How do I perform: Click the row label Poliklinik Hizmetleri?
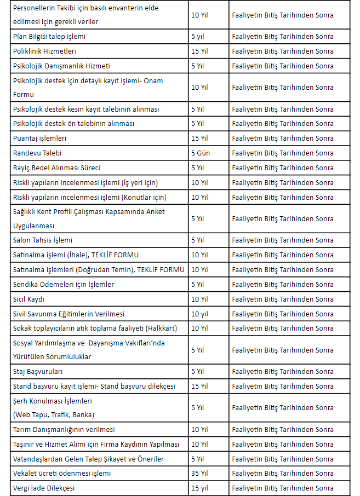click(45, 51)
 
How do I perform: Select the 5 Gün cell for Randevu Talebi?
click(201, 153)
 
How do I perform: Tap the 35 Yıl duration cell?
click(199, 474)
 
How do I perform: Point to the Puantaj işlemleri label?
click(40, 139)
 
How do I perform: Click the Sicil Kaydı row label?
click(28, 299)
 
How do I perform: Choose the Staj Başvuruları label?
click(37, 372)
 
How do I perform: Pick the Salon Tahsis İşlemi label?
click(43, 240)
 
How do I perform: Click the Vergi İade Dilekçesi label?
click(44, 488)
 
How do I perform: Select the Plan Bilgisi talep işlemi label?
click(49, 37)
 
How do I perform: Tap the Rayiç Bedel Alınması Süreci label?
click(56, 168)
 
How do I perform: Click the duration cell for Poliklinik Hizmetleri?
click(199, 51)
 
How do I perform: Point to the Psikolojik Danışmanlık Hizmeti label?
click(61, 66)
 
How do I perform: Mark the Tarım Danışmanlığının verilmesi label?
click(64, 430)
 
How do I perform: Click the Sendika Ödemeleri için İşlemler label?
click(64, 285)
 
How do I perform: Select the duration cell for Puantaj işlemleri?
click(199, 139)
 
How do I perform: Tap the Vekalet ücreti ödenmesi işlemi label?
click(62, 474)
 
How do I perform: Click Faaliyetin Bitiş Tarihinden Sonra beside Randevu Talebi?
click(283, 153)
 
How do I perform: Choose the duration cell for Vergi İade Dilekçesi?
click(199, 488)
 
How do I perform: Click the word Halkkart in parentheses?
click(162, 328)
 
